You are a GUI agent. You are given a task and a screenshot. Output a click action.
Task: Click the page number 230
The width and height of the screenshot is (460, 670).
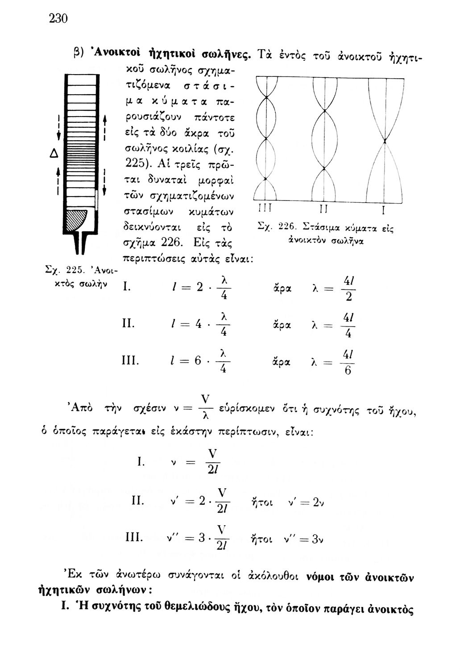click(x=58, y=19)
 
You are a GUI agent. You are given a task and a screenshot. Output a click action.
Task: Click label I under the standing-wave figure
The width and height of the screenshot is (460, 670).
click(x=383, y=210)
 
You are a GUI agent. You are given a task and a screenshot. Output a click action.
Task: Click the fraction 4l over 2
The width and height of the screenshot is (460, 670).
click(x=349, y=290)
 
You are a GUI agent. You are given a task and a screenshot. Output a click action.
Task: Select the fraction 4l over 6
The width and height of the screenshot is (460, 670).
click(x=348, y=363)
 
